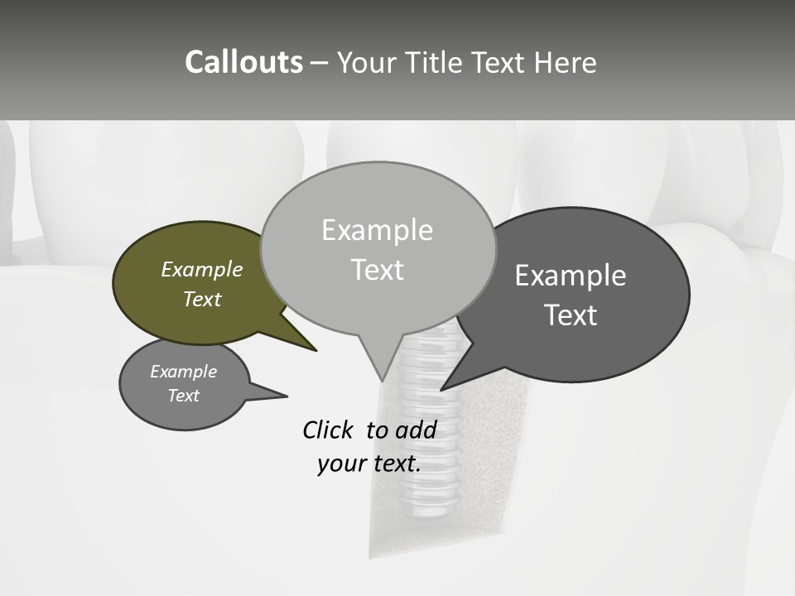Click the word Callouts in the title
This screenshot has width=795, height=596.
(x=243, y=62)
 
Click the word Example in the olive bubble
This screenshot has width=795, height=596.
(x=202, y=269)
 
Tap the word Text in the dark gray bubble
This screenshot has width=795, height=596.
(x=571, y=315)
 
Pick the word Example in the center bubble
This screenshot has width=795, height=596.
(x=377, y=230)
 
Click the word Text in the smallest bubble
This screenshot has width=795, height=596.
(x=184, y=396)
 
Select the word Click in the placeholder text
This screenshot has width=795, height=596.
(x=328, y=430)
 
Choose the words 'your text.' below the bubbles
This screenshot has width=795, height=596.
(x=369, y=464)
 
